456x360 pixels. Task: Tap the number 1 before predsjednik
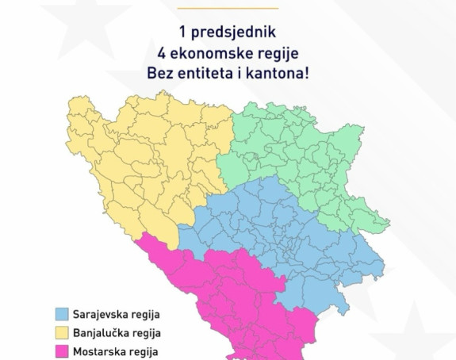click(184, 33)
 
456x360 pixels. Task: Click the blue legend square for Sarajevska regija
click(62, 312)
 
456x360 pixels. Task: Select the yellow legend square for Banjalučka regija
click(62, 331)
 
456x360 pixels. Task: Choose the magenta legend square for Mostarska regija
click(62, 350)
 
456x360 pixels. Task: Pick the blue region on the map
click(278, 238)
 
